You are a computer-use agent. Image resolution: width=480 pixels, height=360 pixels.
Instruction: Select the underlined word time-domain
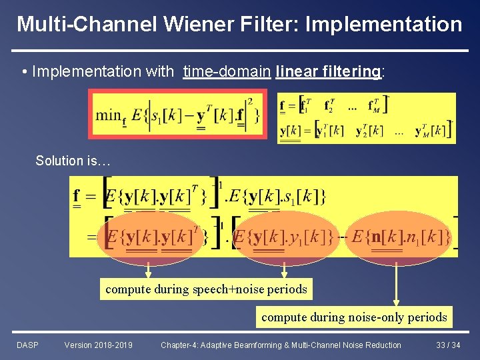pyautogui.click(x=227, y=71)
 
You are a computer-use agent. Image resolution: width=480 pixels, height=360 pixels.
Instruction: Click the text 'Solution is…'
pyautogui.click(x=73, y=161)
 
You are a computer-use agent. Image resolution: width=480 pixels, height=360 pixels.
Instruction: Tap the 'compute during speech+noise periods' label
pyautogui.click(x=206, y=289)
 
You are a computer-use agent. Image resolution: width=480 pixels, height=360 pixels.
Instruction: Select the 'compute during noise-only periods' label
pyautogui.click(x=354, y=317)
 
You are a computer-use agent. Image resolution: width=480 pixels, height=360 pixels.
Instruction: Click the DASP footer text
pyautogui.click(x=27, y=345)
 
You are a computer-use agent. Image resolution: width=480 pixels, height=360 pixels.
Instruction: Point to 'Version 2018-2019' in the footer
pyautogui.click(x=98, y=345)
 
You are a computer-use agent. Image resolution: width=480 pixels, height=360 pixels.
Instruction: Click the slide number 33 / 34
pyautogui.click(x=449, y=345)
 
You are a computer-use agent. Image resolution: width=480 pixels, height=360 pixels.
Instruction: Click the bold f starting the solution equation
pyautogui.click(x=77, y=197)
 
